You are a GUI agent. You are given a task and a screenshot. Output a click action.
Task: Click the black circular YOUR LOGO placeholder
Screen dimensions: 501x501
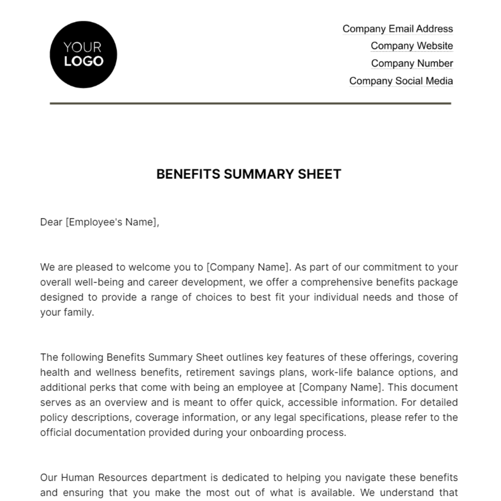[x=83, y=55]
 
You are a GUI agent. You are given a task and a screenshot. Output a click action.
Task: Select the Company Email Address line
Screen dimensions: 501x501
[x=397, y=29]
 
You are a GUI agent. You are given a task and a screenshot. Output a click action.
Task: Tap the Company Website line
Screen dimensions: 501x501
[x=412, y=46]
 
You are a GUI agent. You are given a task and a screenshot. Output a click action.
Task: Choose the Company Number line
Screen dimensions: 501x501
[x=412, y=63]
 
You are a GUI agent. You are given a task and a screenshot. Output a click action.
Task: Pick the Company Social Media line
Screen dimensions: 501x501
[x=401, y=81]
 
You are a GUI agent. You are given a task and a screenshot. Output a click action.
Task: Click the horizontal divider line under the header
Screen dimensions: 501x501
[x=250, y=103]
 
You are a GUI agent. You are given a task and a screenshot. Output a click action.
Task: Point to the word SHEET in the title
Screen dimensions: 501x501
[x=319, y=174]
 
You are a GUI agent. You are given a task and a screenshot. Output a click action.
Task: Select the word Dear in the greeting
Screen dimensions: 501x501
[x=51, y=222]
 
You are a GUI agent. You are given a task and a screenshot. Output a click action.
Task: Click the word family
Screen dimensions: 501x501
[x=79, y=312]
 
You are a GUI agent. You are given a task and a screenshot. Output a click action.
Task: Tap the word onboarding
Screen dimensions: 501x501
[x=274, y=433]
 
